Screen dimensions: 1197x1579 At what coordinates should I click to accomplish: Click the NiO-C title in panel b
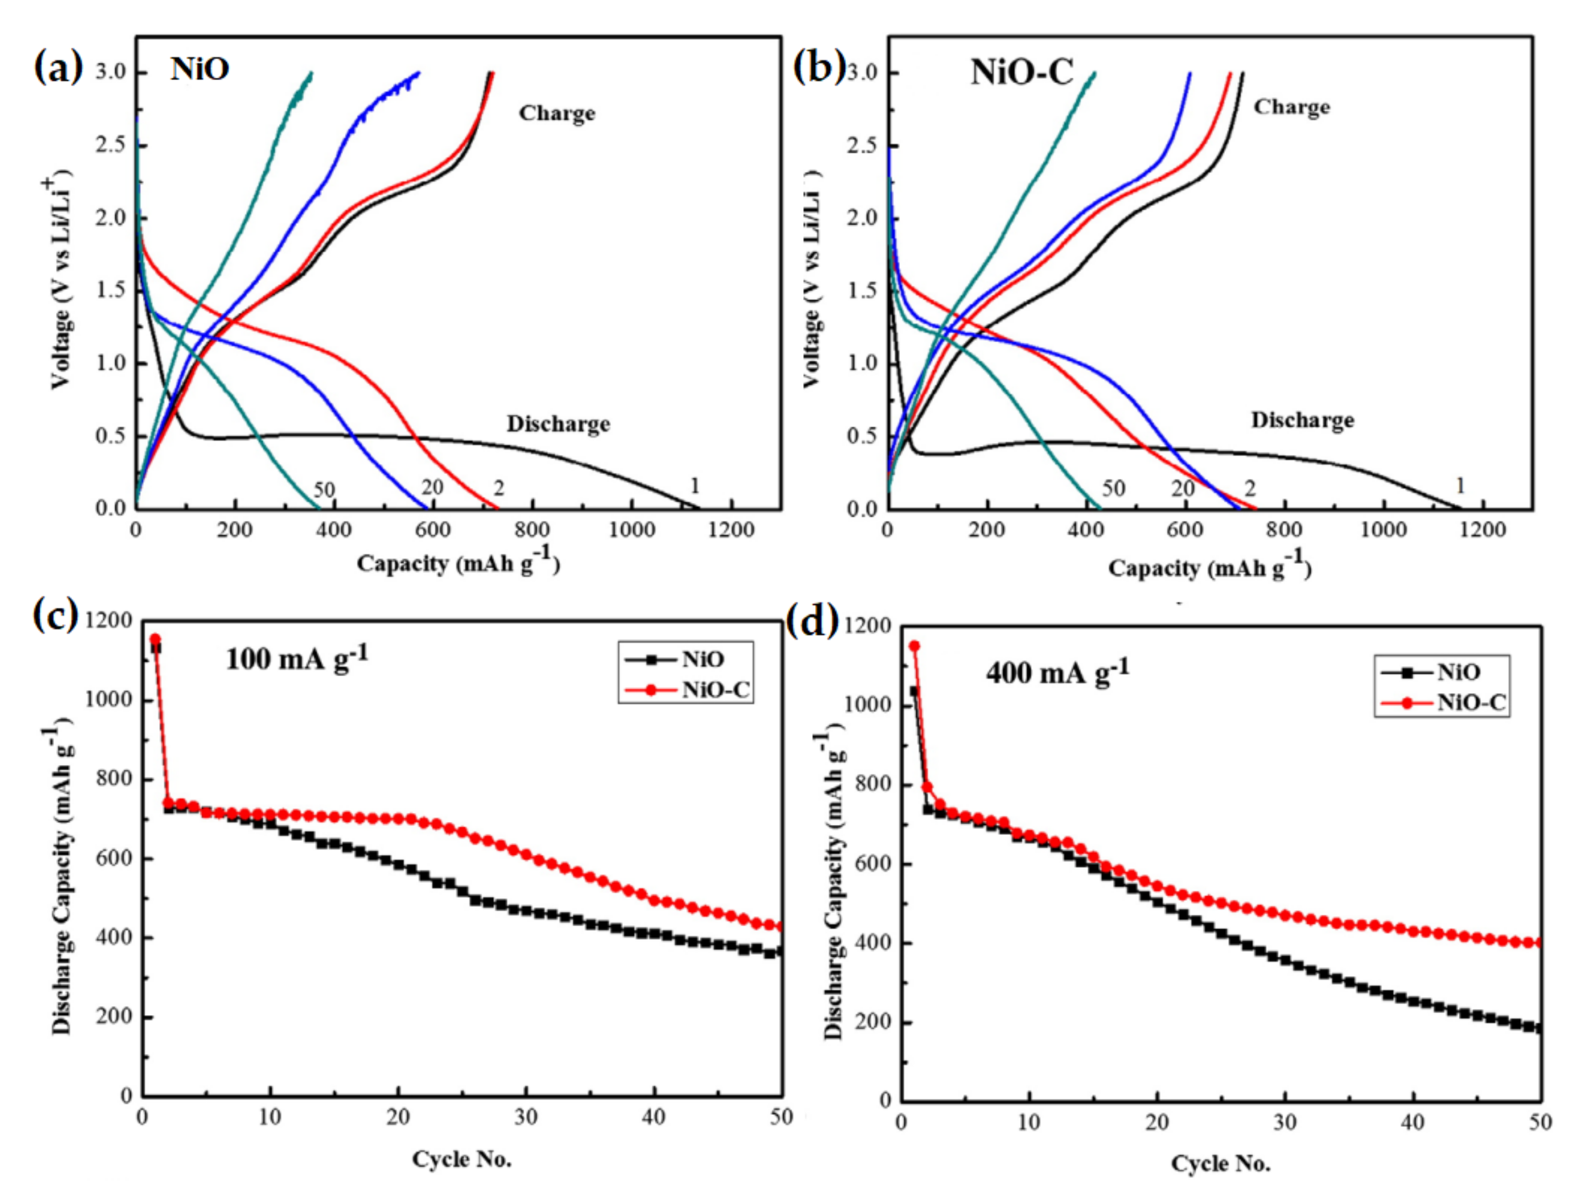click(1022, 73)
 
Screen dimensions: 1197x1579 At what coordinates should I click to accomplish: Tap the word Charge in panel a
click(557, 113)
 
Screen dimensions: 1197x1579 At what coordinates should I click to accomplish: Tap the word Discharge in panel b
click(1302, 420)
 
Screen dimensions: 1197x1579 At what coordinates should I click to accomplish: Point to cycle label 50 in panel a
click(324, 490)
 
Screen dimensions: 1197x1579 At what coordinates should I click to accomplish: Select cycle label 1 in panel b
click(1460, 486)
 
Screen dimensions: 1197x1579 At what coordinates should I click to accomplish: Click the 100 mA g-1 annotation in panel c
click(297, 657)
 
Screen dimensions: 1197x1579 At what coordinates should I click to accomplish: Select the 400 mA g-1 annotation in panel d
click(1058, 671)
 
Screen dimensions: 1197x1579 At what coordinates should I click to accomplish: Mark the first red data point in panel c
click(155, 639)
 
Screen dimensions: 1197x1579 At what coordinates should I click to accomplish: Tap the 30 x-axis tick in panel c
click(526, 1117)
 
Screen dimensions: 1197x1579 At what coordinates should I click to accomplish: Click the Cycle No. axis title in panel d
click(1220, 1164)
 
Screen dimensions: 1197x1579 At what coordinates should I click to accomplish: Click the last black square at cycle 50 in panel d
click(1538, 1029)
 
